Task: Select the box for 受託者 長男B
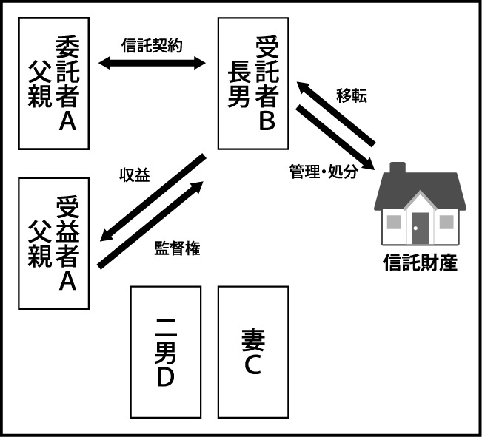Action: point(253,83)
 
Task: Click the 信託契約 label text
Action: point(152,44)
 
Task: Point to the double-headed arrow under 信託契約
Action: point(152,64)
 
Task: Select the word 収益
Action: point(134,175)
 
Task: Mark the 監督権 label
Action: point(177,248)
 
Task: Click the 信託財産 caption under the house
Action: point(419,262)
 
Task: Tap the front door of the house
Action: point(420,228)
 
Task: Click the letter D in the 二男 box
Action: point(165,376)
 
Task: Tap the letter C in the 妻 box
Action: point(252,364)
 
